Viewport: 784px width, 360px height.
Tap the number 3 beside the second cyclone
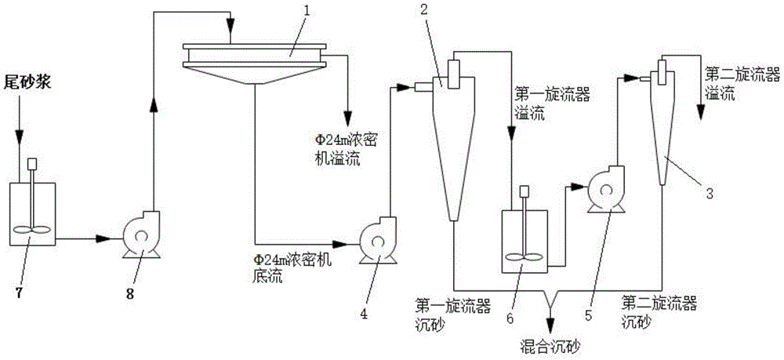(x=709, y=195)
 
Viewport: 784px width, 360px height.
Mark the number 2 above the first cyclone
(x=424, y=9)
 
